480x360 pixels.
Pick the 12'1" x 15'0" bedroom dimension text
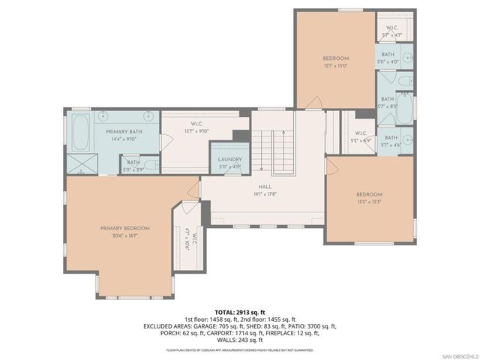[x=335, y=65]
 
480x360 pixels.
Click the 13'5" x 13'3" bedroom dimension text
[x=368, y=202]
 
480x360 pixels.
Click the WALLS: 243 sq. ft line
[x=240, y=339]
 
